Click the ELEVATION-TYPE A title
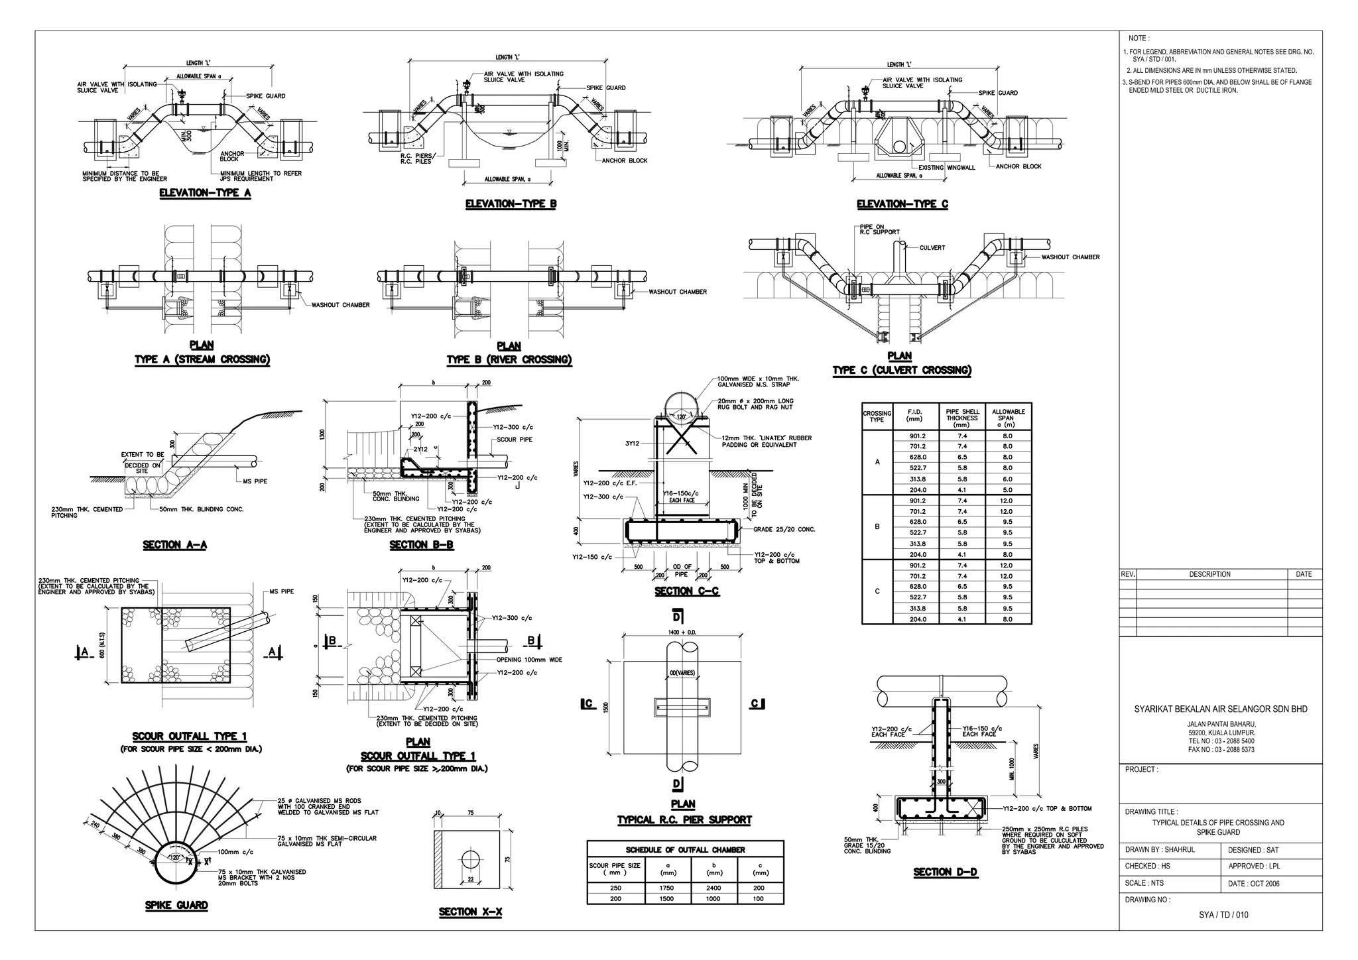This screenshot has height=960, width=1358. tap(205, 194)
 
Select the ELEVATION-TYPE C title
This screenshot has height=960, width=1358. tap(902, 204)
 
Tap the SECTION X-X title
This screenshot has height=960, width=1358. tap(470, 912)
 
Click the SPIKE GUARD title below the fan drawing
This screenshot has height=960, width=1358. tap(176, 906)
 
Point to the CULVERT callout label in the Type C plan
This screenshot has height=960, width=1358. tap(932, 248)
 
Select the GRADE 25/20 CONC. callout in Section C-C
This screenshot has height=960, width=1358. tap(784, 530)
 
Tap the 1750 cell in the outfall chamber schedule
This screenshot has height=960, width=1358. tap(666, 888)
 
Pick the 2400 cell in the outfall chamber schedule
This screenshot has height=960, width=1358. tap(713, 888)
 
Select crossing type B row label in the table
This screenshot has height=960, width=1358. tap(877, 526)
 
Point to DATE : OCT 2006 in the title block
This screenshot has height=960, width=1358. tap(1253, 884)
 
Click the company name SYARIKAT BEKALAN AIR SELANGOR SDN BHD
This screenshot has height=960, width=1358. tap(1221, 709)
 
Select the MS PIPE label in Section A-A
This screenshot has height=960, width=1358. tap(255, 481)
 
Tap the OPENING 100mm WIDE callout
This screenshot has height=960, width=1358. tap(529, 660)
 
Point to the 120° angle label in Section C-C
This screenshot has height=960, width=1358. tap(681, 418)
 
